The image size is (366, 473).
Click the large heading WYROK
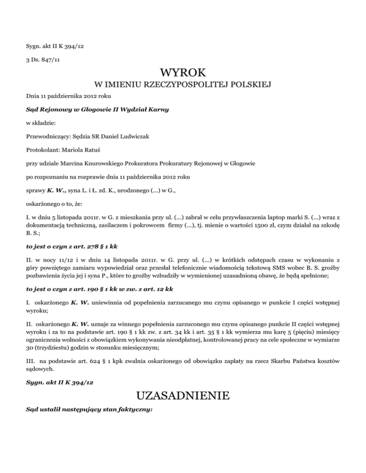pyautogui.click(x=183, y=73)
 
